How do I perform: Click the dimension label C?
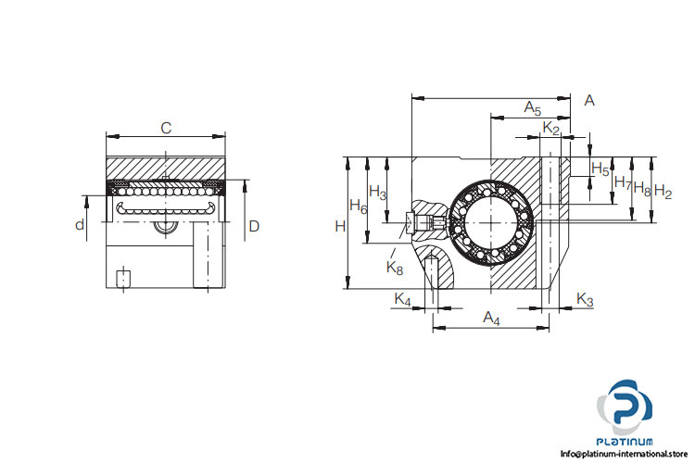[166, 128]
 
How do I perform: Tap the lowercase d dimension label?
[80, 225]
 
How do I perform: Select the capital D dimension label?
[254, 226]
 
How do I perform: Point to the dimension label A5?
[533, 107]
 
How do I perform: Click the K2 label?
[551, 128]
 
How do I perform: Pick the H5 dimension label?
[600, 169]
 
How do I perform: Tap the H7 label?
[623, 182]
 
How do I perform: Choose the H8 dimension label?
[642, 189]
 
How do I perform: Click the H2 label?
[663, 192]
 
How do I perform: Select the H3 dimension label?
[378, 193]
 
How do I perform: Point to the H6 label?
[359, 206]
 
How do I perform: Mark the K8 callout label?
[395, 268]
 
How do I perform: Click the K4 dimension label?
[402, 299]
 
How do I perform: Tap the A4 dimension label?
[491, 318]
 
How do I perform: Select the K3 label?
[585, 300]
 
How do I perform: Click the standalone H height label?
[340, 226]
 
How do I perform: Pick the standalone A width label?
[589, 101]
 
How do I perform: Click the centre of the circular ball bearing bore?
[490, 221]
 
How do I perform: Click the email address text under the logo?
[624, 454]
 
